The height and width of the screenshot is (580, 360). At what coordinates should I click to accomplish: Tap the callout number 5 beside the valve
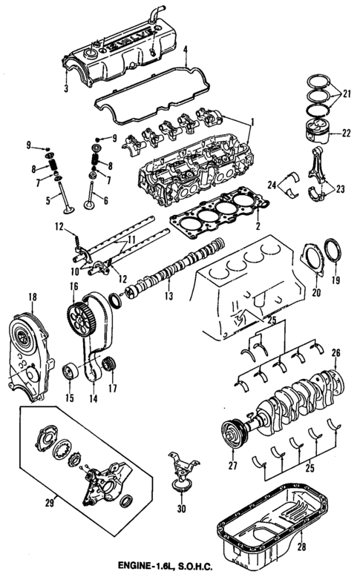coord(48,200)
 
